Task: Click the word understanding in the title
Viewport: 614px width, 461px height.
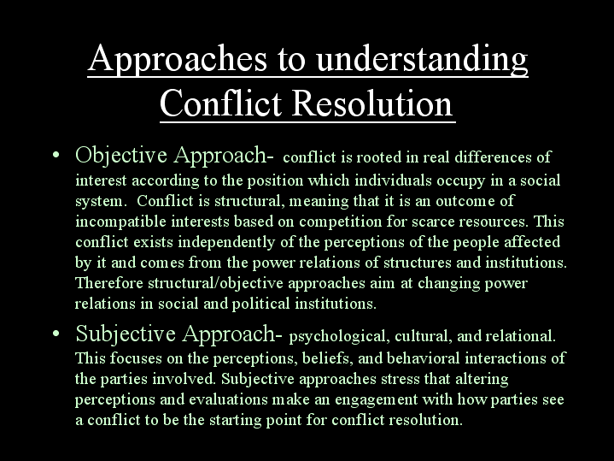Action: [x=422, y=59]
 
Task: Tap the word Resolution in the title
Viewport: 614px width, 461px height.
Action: [x=371, y=103]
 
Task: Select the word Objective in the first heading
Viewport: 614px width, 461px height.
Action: [x=121, y=156]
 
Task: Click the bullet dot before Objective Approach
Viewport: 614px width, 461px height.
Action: [x=56, y=155]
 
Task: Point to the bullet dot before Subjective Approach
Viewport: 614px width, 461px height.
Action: [x=56, y=334]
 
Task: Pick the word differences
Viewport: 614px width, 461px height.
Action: [x=493, y=157]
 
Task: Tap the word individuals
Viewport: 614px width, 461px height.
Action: [x=393, y=180]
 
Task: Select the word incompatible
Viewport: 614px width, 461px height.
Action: [x=120, y=222]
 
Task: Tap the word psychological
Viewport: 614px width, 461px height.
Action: [x=339, y=337]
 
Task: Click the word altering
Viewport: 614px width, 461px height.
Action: [x=482, y=379]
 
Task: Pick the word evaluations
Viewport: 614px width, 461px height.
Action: [x=228, y=399]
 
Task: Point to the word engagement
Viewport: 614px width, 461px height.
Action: [x=377, y=399]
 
